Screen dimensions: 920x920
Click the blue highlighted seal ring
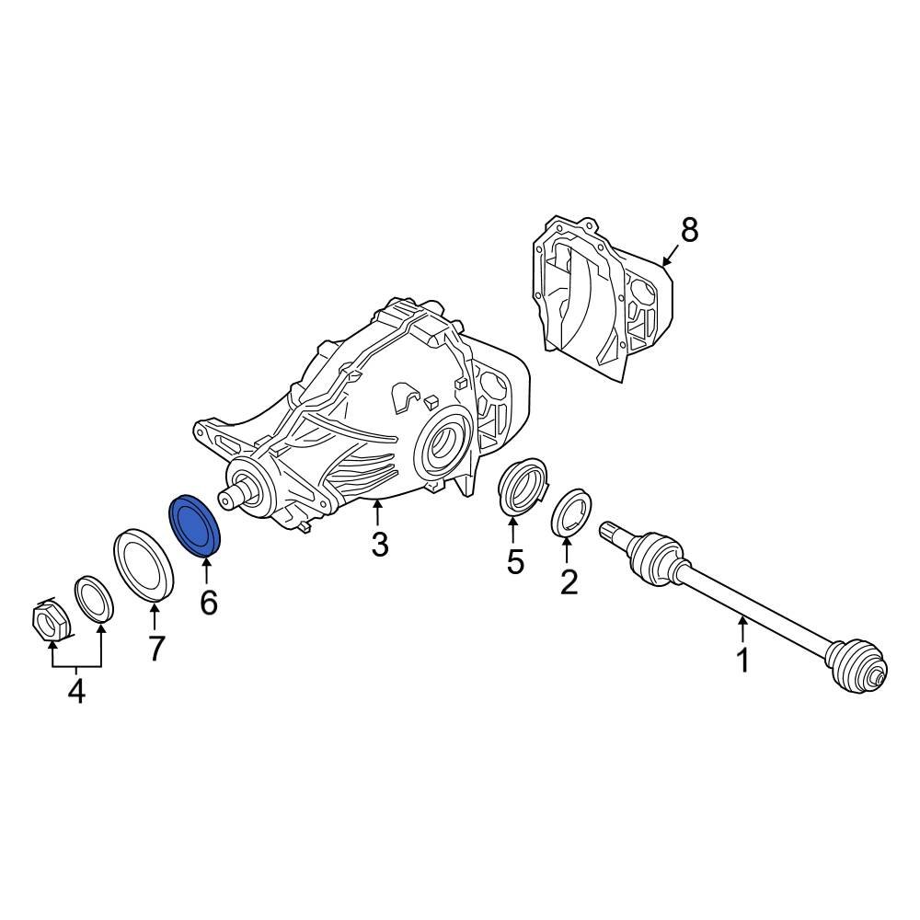pyautogui.click(x=195, y=527)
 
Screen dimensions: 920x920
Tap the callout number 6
pyautogui.click(x=209, y=603)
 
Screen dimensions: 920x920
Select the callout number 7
pyautogui.click(x=155, y=648)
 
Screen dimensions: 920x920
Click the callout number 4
pyautogui.click(x=76, y=690)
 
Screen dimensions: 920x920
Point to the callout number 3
pyautogui.click(x=379, y=545)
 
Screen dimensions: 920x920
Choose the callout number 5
pyautogui.click(x=514, y=561)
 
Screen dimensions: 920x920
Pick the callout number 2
pyautogui.click(x=569, y=581)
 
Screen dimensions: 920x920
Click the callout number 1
pyautogui.click(x=742, y=660)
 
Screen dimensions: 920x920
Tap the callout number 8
pyautogui.click(x=688, y=230)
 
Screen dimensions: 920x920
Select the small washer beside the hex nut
pyautogui.click(x=94, y=600)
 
